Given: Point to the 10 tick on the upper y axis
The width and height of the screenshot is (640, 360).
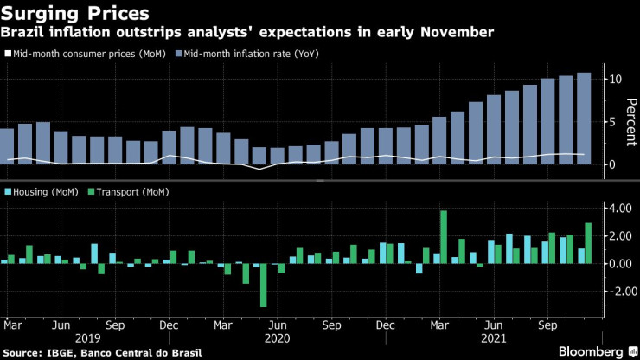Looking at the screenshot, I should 615,79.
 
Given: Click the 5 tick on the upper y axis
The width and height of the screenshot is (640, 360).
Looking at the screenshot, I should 612,122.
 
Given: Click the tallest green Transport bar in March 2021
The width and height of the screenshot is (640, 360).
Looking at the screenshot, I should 444,236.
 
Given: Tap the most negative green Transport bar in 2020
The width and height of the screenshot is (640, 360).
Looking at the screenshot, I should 263,286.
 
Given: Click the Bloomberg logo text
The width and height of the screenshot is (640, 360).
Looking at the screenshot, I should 587,351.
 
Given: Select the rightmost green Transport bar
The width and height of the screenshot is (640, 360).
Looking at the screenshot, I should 588,243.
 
